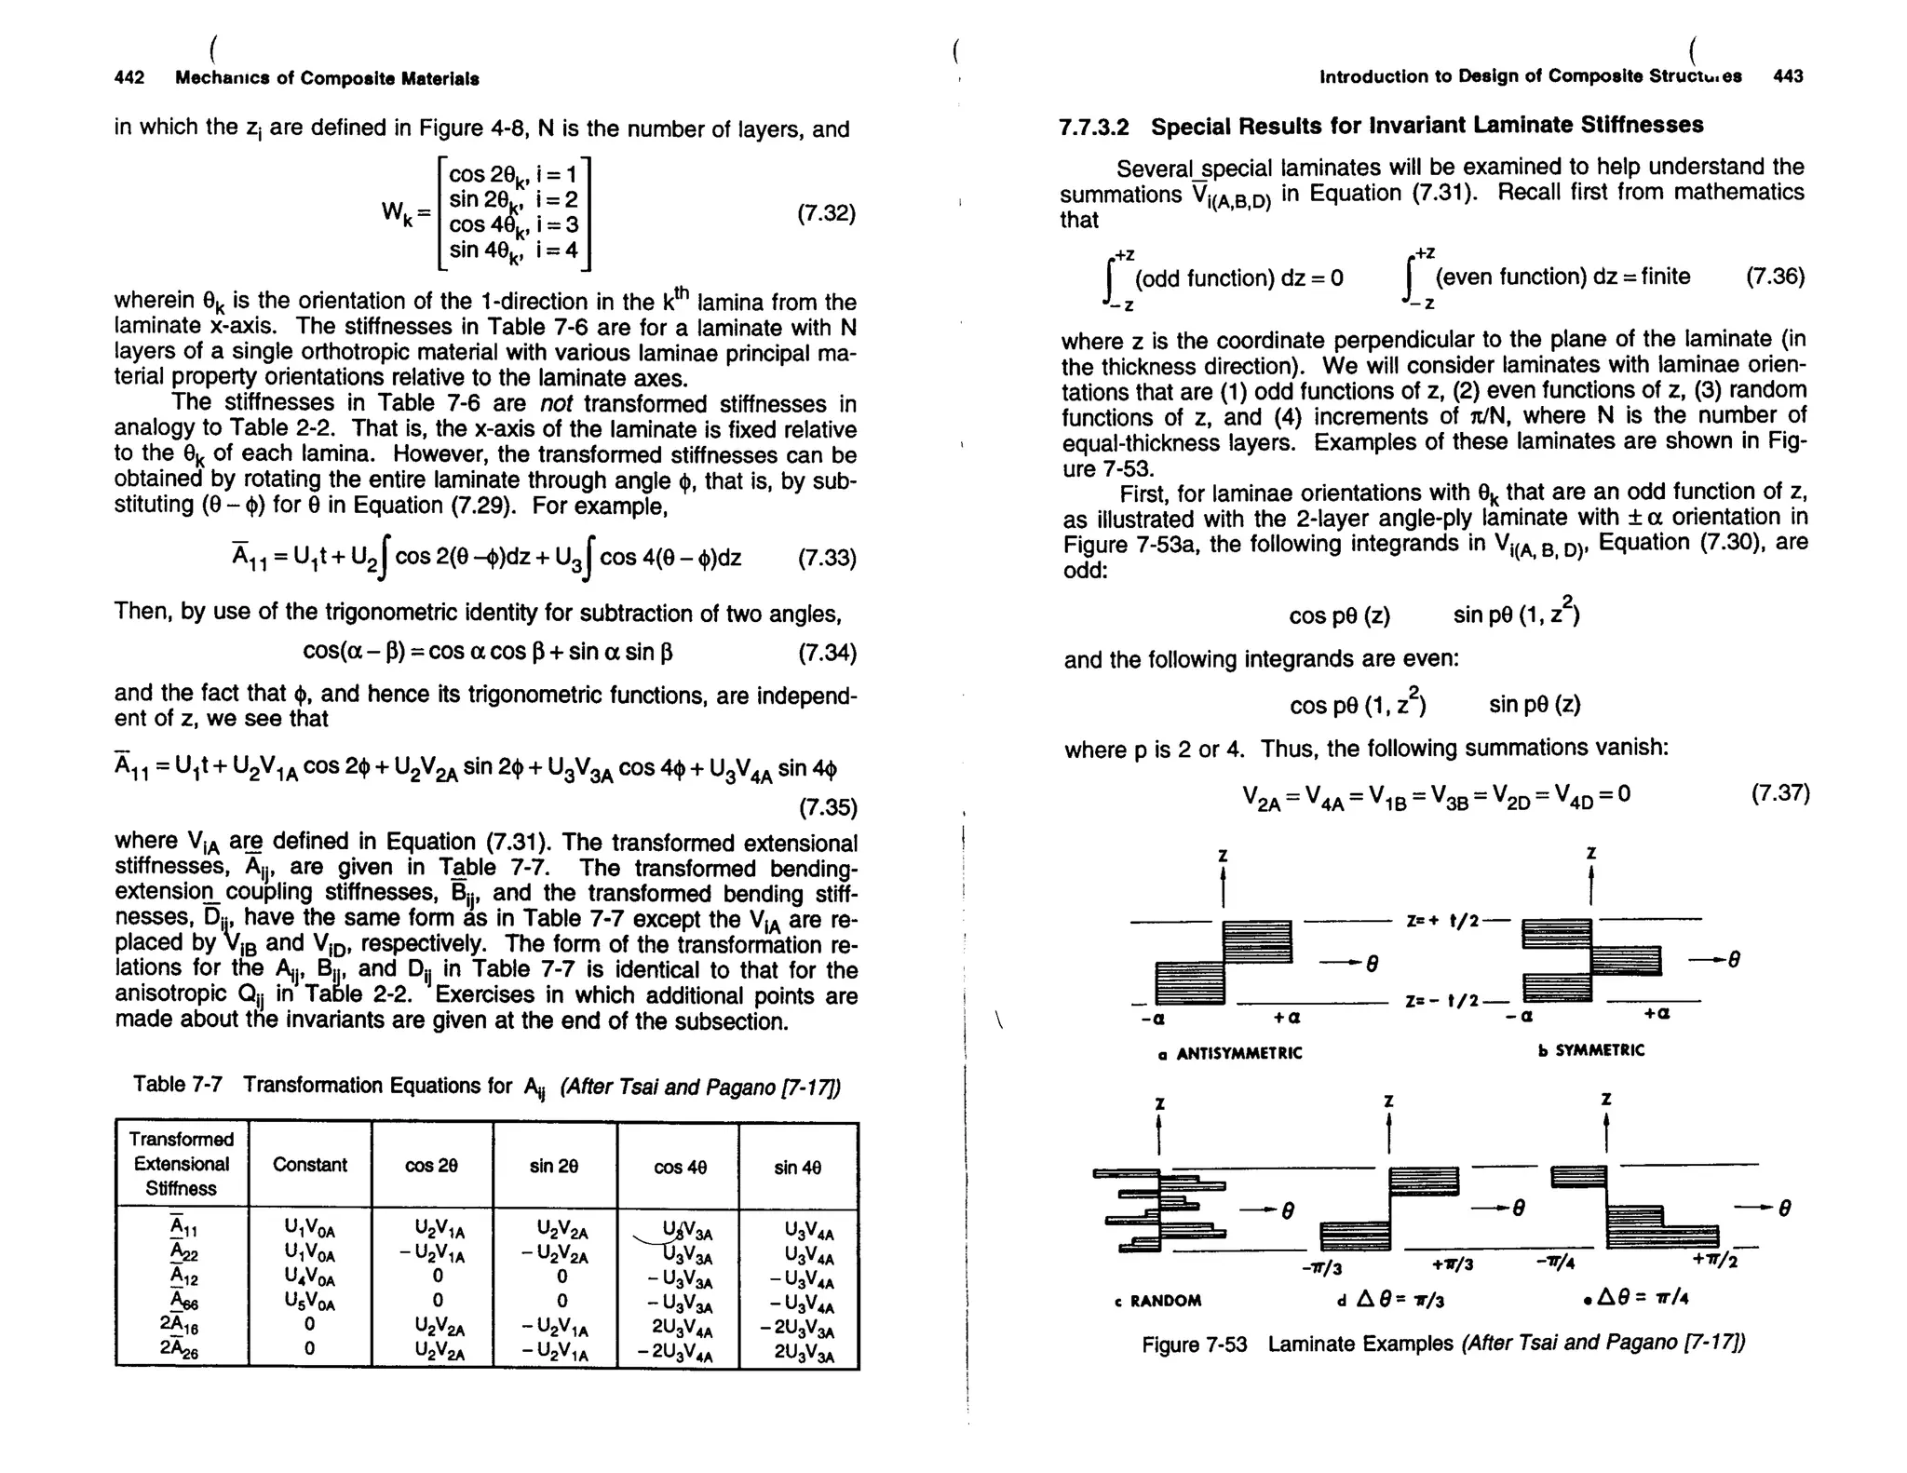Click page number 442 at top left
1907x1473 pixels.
point(129,78)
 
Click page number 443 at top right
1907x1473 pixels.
point(1788,76)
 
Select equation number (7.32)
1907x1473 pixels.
point(826,213)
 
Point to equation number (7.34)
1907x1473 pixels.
point(827,652)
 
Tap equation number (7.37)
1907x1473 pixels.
point(1780,793)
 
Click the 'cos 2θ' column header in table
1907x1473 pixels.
point(431,1166)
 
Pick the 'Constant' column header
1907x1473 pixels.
point(309,1165)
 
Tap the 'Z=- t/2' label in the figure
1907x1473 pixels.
point(1441,1001)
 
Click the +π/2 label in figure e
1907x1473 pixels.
point(1715,1263)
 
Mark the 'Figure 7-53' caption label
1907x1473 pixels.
point(1194,1345)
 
